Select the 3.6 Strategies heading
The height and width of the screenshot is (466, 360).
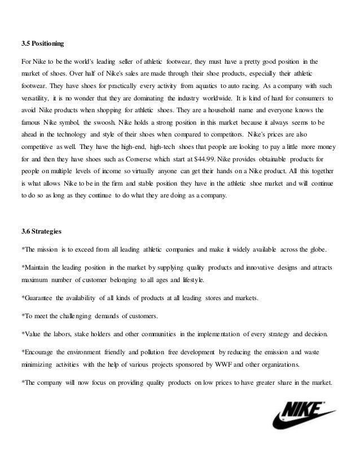click(40, 231)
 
